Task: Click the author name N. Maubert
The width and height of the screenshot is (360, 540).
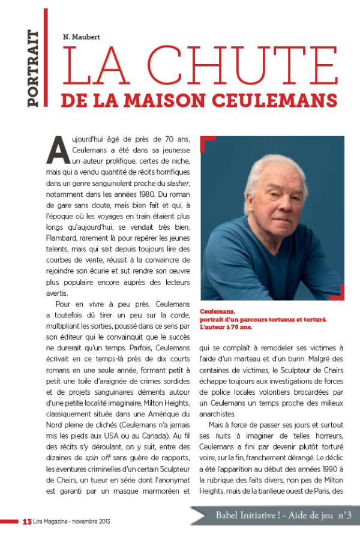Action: point(83,36)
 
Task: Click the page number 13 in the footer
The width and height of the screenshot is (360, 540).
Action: point(26,521)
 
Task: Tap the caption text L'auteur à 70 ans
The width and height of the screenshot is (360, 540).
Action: point(226,328)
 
